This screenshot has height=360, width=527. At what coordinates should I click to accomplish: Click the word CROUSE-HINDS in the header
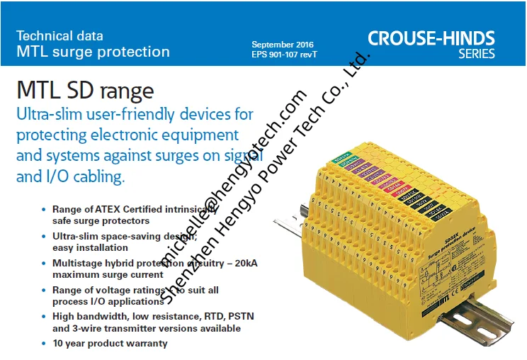pyautogui.click(x=431, y=38)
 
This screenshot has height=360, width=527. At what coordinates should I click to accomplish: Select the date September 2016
pyautogui.click(x=282, y=44)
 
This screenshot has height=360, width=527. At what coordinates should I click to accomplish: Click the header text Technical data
pyautogui.click(x=59, y=35)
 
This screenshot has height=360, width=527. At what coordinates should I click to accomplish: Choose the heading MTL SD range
pyautogui.click(x=84, y=90)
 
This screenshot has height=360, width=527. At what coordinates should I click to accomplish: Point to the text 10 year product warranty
pyautogui.click(x=110, y=344)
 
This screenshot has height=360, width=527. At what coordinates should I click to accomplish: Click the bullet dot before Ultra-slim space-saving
pyautogui.click(x=43, y=236)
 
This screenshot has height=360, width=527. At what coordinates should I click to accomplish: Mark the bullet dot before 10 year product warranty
pyautogui.click(x=43, y=344)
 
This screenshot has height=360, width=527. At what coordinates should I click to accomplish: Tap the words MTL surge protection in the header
pyautogui.click(x=93, y=52)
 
